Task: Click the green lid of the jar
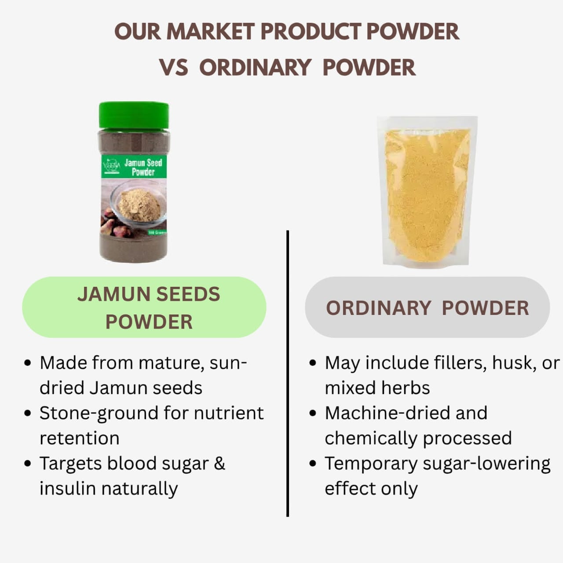[x=134, y=115]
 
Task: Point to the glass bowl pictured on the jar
[x=138, y=203]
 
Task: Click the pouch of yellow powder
[x=427, y=192]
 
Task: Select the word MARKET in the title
[x=210, y=32]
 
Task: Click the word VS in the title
[x=174, y=68]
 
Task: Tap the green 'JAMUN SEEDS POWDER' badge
[x=144, y=307]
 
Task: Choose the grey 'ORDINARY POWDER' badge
[x=427, y=307]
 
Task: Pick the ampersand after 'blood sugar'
[x=219, y=464]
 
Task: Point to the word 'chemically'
[x=370, y=439]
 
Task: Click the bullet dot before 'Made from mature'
[x=28, y=364]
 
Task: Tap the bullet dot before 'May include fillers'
[x=313, y=364]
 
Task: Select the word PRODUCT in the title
[x=310, y=32]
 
